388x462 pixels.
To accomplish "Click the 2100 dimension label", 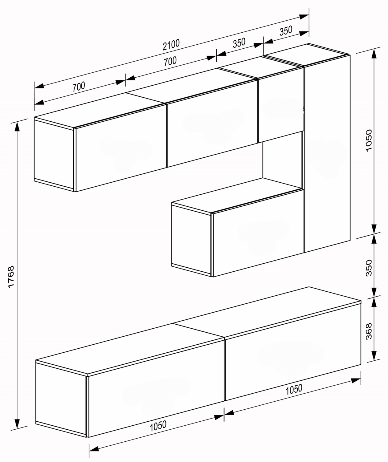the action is coord(171,45).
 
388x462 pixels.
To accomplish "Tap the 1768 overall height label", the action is coord(11,277).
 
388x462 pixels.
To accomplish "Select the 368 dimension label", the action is coord(369,331).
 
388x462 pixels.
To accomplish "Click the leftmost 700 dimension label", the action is coord(79,87).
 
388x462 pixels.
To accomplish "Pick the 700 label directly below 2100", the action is coord(170,61).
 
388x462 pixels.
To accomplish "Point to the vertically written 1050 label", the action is coord(369,140).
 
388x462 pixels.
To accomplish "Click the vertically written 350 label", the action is coord(369,268).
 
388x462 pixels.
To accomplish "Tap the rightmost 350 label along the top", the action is coord(286,31).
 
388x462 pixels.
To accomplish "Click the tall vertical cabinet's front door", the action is coord(327,154).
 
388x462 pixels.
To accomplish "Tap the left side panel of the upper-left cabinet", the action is coord(54,155).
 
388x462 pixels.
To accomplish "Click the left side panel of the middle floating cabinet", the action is coord(191,241).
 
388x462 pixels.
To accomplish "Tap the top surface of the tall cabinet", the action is coord(306,55).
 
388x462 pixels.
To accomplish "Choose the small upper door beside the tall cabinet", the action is coord(281,105).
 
